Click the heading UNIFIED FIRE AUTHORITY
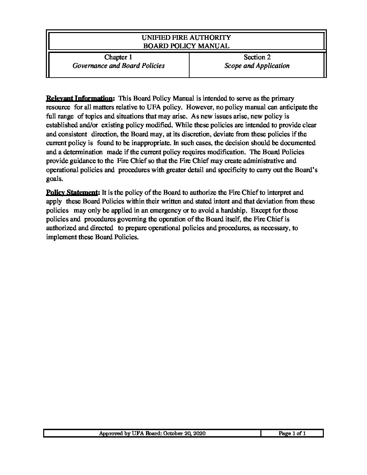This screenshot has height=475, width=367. pyautogui.click(x=186, y=37)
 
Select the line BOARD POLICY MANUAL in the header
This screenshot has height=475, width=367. pyautogui.click(x=186, y=46)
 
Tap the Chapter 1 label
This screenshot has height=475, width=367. pyautogui.click(x=118, y=57)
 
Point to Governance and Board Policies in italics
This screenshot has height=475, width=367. pyautogui.click(x=118, y=66)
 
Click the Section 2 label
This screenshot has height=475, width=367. pyautogui.click(x=257, y=57)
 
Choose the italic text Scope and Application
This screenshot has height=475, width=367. pyautogui.click(x=257, y=66)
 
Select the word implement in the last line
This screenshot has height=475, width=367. pyautogui.click(x=61, y=237)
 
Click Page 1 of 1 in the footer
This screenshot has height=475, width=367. pyautogui.click(x=292, y=434)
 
